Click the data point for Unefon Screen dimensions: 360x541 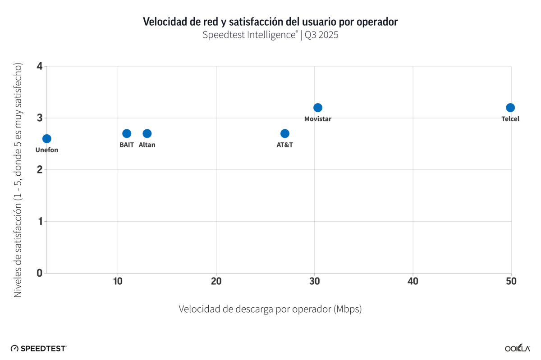click(x=46, y=139)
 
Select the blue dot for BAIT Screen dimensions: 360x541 click(x=127, y=133)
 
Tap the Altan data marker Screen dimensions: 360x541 click(x=147, y=133)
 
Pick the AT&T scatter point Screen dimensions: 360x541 click(x=285, y=133)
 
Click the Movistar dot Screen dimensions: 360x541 click(x=318, y=108)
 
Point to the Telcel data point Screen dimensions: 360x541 click(x=510, y=108)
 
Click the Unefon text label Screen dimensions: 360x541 click(x=47, y=150)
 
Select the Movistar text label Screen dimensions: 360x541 click(x=318, y=119)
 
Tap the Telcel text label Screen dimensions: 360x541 click(x=510, y=119)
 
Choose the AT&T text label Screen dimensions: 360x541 click(x=285, y=145)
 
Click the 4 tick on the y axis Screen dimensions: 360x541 click(x=40, y=67)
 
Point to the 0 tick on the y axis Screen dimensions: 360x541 click(x=40, y=273)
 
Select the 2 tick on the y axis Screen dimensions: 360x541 click(x=40, y=170)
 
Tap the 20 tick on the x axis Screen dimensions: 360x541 click(x=216, y=282)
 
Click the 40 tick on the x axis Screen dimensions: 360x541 click(x=413, y=282)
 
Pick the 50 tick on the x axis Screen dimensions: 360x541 click(x=511, y=282)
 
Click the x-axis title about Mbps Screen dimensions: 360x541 click(x=270, y=310)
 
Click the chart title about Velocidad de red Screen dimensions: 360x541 click(x=270, y=22)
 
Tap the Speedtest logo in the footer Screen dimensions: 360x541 click(x=39, y=348)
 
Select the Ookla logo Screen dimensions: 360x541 click(x=517, y=348)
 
